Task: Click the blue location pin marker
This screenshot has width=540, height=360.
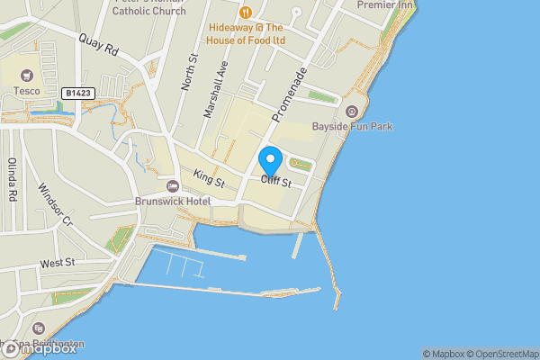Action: click(x=271, y=163)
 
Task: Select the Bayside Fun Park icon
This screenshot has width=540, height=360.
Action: click(x=351, y=112)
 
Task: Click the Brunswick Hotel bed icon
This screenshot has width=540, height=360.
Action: click(x=173, y=186)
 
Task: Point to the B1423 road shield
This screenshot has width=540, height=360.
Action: click(x=78, y=92)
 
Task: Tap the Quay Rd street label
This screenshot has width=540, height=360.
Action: click(x=99, y=47)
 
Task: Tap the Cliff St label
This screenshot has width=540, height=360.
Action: click(x=277, y=183)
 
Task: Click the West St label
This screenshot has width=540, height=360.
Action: click(x=58, y=264)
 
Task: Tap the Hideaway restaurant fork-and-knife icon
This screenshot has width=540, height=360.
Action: click(x=245, y=13)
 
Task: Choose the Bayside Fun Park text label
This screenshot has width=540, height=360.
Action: click(x=352, y=127)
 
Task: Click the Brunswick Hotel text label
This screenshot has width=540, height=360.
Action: click(x=172, y=202)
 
